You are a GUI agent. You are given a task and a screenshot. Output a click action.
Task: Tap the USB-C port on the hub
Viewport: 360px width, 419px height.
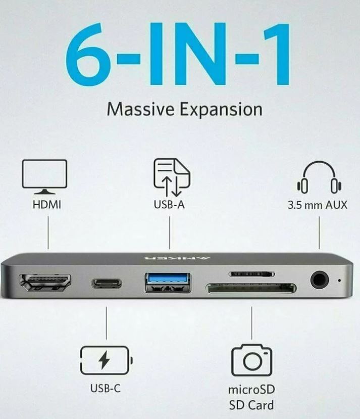[107, 283]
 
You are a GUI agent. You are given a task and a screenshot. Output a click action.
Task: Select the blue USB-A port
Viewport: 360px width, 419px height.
[168, 282]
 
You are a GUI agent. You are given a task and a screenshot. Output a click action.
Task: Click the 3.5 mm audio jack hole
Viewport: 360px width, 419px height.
[320, 280]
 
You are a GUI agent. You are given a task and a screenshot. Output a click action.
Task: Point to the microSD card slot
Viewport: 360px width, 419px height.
[251, 274]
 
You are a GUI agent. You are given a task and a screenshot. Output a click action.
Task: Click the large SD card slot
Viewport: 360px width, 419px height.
[251, 288]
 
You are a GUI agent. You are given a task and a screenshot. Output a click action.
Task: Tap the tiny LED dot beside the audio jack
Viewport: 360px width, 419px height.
[339, 281]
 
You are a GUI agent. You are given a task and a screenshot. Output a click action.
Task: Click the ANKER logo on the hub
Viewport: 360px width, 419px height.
[177, 258]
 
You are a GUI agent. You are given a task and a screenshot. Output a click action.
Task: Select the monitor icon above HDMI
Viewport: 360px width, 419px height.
[44, 176]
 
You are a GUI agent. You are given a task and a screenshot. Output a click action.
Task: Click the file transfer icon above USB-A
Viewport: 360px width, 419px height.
[172, 177]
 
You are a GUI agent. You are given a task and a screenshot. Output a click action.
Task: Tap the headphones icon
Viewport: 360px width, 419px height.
[319, 177]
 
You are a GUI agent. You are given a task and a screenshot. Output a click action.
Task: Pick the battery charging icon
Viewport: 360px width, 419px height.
[106, 360]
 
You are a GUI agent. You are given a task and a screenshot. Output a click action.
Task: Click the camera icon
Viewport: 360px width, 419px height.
[251, 360]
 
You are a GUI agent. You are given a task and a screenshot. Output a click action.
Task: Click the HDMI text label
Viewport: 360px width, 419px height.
[46, 205]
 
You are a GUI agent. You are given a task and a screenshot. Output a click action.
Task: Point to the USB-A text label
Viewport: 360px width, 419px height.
[169, 205]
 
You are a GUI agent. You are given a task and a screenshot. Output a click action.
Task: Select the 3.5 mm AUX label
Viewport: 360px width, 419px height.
[318, 205]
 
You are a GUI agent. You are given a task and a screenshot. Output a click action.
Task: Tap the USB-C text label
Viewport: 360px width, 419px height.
[106, 388]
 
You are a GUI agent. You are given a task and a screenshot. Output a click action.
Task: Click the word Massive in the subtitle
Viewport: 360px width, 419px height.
[140, 109]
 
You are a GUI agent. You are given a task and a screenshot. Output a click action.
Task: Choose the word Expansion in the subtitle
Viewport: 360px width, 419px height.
[221, 110]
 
